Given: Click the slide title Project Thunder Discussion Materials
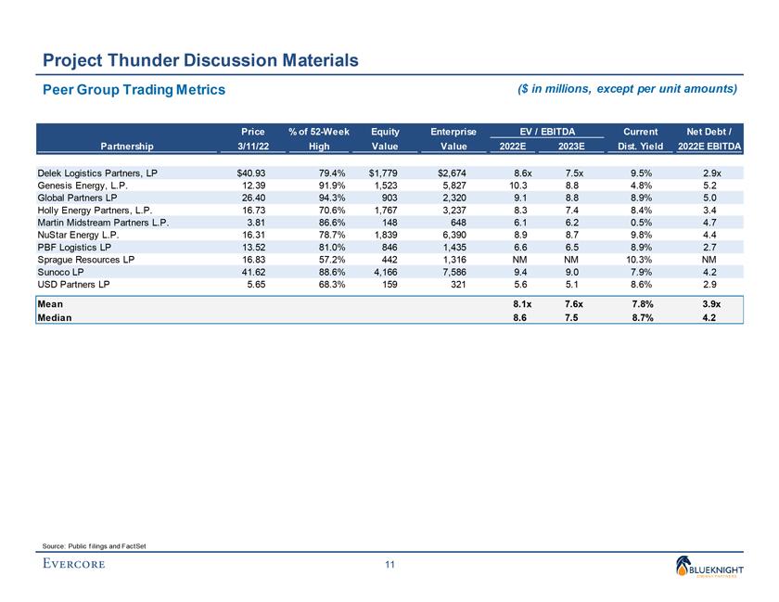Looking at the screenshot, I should pyautogui.click(x=200, y=60).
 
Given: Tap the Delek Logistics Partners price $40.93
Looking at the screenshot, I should pyautogui.click(x=251, y=173).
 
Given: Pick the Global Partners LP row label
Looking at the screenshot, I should pyautogui.click(x=76, y=198).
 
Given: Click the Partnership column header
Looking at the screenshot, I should pyautogui.click(x=127, y=146).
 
